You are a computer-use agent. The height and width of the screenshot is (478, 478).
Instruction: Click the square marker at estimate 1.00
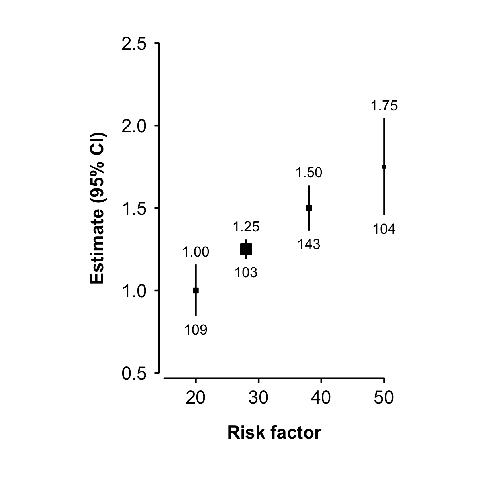[x=196, y=290]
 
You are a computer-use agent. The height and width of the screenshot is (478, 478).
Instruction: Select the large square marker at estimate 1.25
[x=246, y=249]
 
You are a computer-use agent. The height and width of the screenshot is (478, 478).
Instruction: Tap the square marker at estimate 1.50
[x=309, y=208]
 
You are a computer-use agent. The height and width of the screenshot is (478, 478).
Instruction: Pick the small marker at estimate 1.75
[x=384, y=167]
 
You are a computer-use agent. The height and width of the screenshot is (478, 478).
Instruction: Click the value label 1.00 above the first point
[x=196, y=252]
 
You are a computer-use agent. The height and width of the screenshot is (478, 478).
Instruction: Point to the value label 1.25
[x=246, y=227]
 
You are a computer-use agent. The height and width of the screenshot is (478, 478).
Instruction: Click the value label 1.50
[x=309, y=173]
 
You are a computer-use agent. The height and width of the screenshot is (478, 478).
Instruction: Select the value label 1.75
[x=384, y=106]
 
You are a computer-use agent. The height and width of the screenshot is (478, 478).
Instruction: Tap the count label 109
[x=196, y=330]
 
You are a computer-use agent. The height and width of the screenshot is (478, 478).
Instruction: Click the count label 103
[x=246, y=273]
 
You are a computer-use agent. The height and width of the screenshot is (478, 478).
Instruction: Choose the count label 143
[x=309, y=244]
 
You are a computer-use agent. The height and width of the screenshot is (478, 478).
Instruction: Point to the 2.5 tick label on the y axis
[x=133, y=43]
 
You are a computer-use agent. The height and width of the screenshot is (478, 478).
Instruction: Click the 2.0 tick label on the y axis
[x=133, y=126]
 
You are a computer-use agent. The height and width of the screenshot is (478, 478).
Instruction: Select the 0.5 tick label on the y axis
[x=133, y=373]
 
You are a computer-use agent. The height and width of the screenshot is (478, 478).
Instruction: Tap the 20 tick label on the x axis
[x=196, y=398]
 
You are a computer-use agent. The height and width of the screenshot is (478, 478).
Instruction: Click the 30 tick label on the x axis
[x=259, y=398]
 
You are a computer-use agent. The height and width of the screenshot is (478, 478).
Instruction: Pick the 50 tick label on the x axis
[x=384, y=398]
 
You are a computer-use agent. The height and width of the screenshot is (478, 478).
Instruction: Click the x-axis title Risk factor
[x=274, y=433]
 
